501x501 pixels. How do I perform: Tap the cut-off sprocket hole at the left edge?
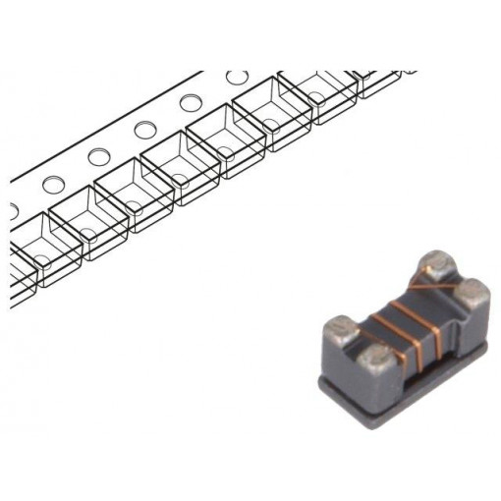(13, 208)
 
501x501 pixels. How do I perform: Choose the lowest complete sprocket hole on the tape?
(53, 183)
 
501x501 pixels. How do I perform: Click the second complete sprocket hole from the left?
(98, 156)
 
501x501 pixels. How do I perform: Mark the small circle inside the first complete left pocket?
(84, 234)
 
